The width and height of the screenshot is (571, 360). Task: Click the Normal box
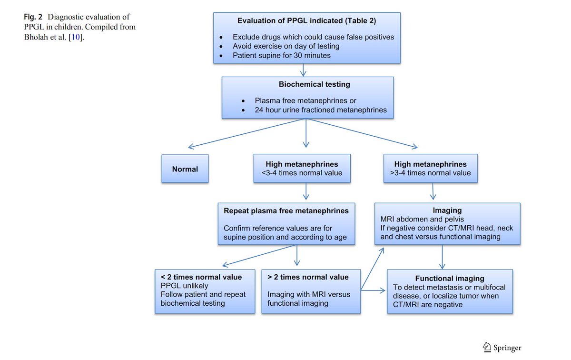tap(185, 169)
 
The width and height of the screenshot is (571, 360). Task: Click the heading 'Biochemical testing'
tap(314, 84)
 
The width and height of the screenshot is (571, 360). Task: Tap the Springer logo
tap(502, 347)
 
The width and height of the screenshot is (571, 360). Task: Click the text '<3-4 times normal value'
tap(302, 173)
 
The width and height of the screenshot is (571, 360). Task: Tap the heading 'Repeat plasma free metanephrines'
tap(286, 210)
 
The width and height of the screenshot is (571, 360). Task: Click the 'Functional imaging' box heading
tap(450, 279)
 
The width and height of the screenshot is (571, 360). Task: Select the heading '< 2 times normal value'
tap(201, 277)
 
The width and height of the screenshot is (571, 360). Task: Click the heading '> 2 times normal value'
tap(308, 277)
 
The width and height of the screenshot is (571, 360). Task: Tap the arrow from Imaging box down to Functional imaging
tap(443, 257)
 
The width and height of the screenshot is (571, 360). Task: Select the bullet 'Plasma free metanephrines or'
tap(305, 101)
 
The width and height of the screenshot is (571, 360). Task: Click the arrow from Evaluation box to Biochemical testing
tap(303, 70)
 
